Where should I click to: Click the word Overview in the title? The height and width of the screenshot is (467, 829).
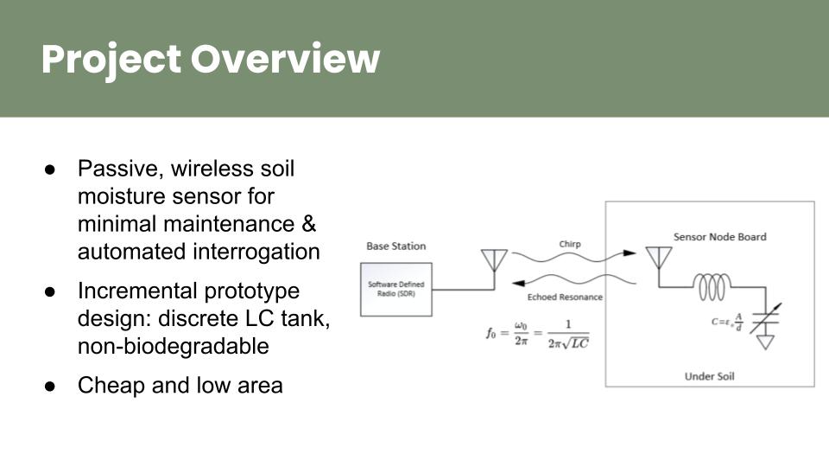pyautogui.click(x=285, y=60)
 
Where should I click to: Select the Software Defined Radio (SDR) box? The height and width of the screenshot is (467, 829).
pyautogui.click(x=396, y=289)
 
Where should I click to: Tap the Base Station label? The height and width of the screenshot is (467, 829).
pyautogui.click(x=396, y=246)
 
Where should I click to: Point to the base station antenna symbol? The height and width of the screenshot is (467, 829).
pyautogui.click(x=494, y=259)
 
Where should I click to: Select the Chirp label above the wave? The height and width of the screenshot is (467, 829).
pyautogui.click(x=570, y=244)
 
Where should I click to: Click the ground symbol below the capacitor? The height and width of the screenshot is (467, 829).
pyautogui.click(x=765, y=342)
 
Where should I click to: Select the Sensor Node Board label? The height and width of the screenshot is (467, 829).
pyautogui.click(x=719, y=237)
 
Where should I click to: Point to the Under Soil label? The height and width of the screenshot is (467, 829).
pyautogui.click(x=710, y=376)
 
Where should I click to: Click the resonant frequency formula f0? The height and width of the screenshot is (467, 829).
pyautogui.click(x=536, y=330)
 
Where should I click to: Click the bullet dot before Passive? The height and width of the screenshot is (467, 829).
pyautogui.click(x=50, y=168)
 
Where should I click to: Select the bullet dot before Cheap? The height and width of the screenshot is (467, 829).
pyautogui.click(x=50, y=386)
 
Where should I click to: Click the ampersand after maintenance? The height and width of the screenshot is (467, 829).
pyautogui.click(x=308, y=224)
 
